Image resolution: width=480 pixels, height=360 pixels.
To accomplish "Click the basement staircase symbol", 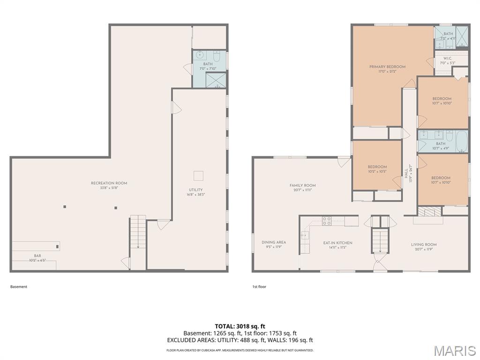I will [x=138, y=232].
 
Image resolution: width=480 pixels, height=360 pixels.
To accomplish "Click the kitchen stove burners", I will [x=327, y=221].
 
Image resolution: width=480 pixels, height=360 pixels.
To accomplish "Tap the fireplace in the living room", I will [x=428, y=212].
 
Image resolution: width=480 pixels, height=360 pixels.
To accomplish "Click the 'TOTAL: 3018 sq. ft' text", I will [x=240, y=326].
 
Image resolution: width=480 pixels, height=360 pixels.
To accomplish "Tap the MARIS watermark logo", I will [x=454, y=350].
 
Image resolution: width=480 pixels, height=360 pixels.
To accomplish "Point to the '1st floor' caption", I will [x=259, y=286].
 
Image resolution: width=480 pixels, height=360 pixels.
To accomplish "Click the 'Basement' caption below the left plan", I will [x=19, y=286].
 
